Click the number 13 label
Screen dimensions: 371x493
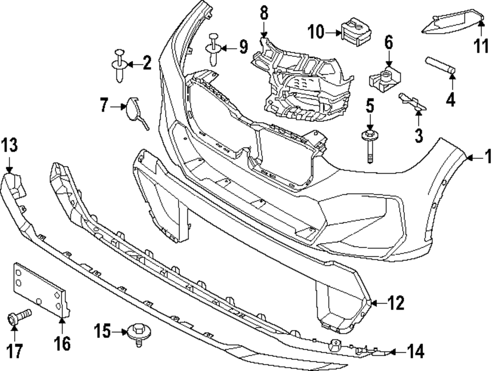pyautogui.click(x=9, y=146)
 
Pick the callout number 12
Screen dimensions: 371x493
pyautogui.click(x=396, y=302)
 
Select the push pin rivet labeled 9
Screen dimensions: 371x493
pyautogui.click(x=214, y=49)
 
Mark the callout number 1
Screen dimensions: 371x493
pyautogui.click(x=487, y=158)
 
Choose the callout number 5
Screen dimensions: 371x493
pyautogui.click(x=370, y=105)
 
